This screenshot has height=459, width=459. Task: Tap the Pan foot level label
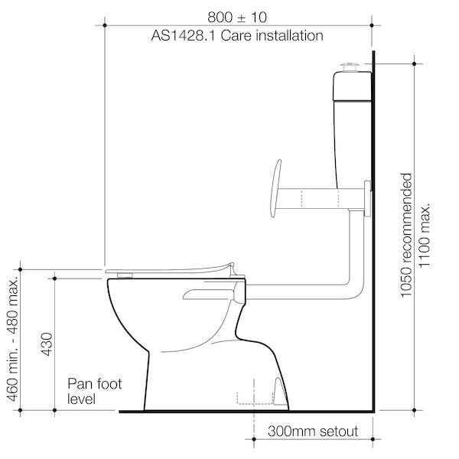(93, 391)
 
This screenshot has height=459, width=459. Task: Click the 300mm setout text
(312, 432)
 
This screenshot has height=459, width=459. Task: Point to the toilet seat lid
(168, 269)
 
